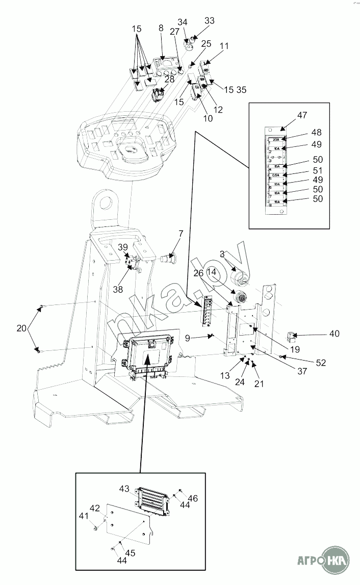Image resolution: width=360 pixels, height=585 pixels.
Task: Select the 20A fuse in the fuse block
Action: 276,139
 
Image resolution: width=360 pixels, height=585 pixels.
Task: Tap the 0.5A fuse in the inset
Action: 276,175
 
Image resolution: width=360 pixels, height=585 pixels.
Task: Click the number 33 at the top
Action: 210,21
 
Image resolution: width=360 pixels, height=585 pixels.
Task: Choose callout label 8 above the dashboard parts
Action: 161,29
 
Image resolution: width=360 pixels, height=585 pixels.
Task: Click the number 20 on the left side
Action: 21,328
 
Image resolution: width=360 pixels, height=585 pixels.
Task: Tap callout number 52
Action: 320,363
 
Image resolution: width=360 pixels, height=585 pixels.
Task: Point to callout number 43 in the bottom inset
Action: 125,488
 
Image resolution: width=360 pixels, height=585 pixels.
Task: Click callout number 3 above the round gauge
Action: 222,253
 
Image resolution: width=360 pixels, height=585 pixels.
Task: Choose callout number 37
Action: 302,371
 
